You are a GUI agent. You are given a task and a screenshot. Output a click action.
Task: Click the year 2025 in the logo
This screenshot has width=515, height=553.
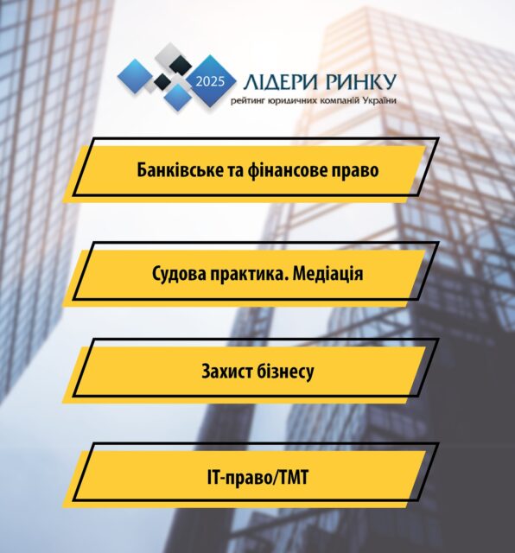pyautogui.click(x=210, y=81)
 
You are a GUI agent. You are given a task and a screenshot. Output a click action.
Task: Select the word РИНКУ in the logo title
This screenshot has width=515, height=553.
pyautogui.click(x=361, y=82)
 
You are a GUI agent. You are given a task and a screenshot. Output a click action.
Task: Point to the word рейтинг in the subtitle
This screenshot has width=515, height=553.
pyautogui.click(x=247, y=101)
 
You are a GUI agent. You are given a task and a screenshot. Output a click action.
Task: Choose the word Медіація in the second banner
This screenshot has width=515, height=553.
pyautogui.click(x=327, y=274)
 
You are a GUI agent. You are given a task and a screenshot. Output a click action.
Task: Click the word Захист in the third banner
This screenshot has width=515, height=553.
pyautogui.click(x=226, y=372)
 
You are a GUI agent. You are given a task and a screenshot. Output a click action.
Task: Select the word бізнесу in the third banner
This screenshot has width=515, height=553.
pyautogui.click(x=285, y=372)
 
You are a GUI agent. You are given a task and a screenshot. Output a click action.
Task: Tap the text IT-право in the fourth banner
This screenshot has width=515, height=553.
pyautogui.click(x=238, y=478)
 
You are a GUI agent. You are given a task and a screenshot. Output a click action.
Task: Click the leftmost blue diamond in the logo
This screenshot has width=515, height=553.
pyautogui.click(x=136, y=77)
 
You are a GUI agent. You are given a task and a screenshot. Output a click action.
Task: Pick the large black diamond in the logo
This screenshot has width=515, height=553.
pyautogui.click(x=180, y=66)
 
